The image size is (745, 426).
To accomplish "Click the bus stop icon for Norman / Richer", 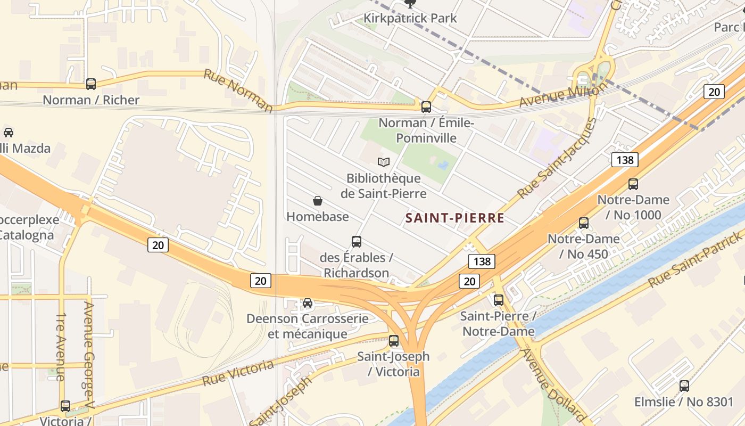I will pyautogui.click(x=91, y=84).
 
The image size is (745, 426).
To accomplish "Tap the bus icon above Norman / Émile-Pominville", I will pyautogui.click(x=426, y=106).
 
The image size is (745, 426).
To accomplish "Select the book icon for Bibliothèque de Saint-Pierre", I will pyautogui.click(x=384, y=162).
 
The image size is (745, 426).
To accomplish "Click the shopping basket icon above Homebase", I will pyautogui.click(x=318, y=201).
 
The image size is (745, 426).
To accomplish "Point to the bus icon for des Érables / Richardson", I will pyautogui.click(x=357, y=242).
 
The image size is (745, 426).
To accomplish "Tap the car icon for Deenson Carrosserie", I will pyautogui.click(x=308, y=303).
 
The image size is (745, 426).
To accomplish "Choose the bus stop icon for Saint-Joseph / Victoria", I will pyautogui.click(x=394, y=341).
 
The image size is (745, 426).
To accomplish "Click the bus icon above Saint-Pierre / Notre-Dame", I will pyautogui.click(x=499, y=300).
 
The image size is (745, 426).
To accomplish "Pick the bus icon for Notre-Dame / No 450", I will pyautogui.click(x=584, y=223).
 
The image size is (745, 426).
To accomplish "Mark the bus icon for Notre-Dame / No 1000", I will pyautogui.click(x=633, y=184).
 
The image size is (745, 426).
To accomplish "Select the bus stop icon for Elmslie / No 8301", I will pyautogui.click(x=684, y=386).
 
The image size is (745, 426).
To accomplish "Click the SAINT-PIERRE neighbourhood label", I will pyautogui.click(x=455, y=218).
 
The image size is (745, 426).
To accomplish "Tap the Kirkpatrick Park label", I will pyautogui.click(x=410, y=18).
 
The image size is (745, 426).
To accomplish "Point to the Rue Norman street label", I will pyautogui.click(x=238, y=91).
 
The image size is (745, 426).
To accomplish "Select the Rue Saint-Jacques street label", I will pyautogui.click(x=557, y=158).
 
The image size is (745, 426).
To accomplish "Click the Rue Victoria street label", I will pyautogui.click(x=238, y=373).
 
